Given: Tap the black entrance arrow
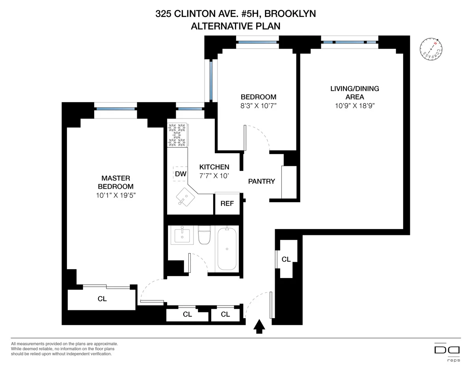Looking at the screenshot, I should tap(259, 327).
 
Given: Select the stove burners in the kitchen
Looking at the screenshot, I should tap(177, 135).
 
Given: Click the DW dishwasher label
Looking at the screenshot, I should tap(181, 173).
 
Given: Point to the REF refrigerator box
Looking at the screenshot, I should tap(227, 204).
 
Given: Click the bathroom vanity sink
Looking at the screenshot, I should tap(182, 236).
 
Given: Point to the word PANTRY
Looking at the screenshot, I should tap(261, 181).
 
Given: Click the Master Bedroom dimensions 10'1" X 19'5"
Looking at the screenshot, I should tap(115, 195).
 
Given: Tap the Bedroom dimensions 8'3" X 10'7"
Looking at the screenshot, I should tap(258, 105).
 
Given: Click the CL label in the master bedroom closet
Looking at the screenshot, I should tap(102, 299).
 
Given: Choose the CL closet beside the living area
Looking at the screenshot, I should tap(286, 259).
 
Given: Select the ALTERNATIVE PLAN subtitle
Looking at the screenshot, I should tap(236, 26).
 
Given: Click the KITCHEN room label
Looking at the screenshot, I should tap(214, 167).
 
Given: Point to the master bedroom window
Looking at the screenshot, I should tap(115, 108).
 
